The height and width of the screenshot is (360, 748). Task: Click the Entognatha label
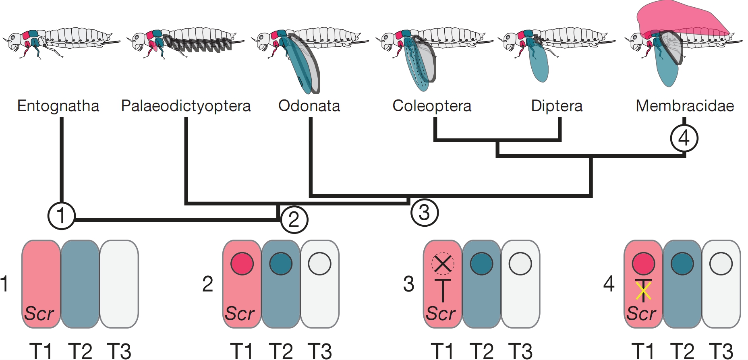(58, 106)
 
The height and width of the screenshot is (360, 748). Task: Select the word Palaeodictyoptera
(186, 106)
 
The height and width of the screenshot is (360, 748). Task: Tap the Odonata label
(309, 106)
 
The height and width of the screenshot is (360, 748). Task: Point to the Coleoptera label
(432, 106)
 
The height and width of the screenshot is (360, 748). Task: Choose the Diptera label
(557, 106)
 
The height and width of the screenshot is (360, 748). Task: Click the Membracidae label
(684, 106)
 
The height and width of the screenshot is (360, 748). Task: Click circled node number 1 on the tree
(61, 215)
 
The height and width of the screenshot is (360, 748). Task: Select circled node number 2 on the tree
(294, 219)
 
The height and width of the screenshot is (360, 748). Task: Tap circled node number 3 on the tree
(424, 212)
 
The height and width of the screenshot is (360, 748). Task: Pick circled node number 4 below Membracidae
(684, 138)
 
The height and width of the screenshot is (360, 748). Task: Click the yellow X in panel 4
(643, 291)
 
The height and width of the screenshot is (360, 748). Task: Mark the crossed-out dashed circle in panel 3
(443, 264)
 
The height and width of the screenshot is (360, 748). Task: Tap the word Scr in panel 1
(39, 313)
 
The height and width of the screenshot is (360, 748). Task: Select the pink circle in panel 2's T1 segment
(242, 264)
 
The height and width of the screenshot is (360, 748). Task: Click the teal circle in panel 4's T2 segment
(682, 264)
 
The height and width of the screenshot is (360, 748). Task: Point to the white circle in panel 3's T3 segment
(520, 264)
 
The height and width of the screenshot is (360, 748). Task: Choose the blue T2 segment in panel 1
(80, 284)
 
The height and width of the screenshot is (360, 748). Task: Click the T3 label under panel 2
(319, 351)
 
